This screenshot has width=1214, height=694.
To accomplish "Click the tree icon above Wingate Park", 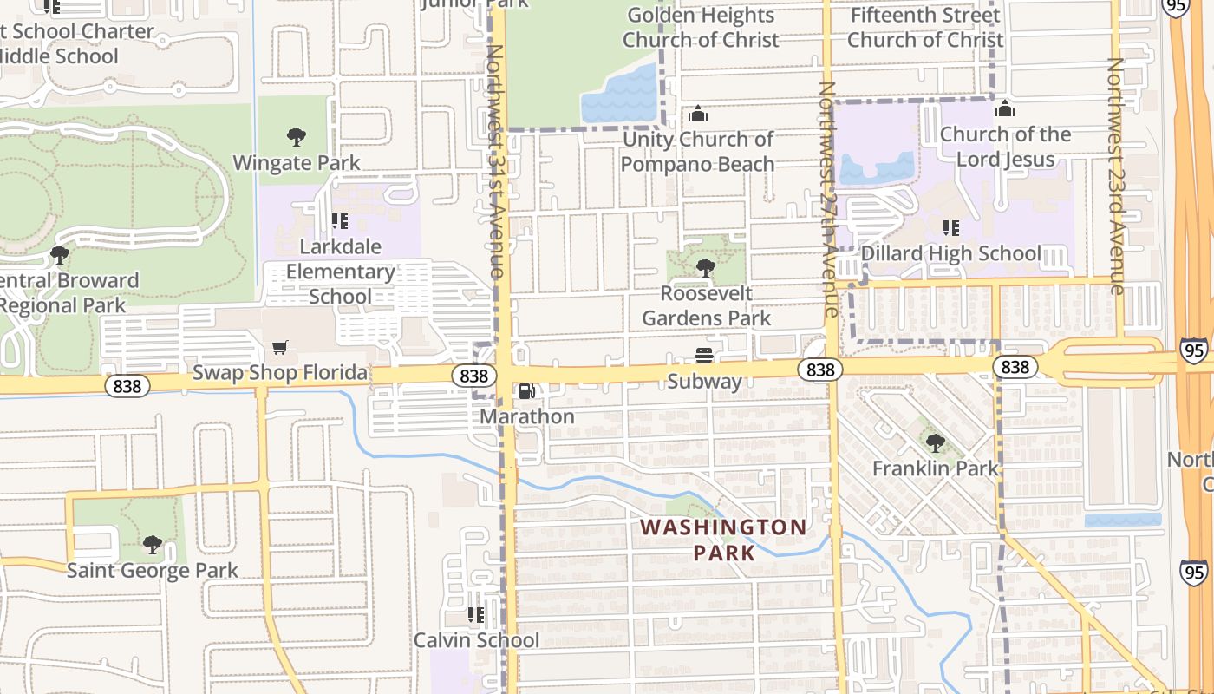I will tap(297, 136).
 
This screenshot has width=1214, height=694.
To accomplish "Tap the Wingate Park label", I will tap(297, 162).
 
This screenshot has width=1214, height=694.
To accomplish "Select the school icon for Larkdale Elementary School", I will tap(340, 221).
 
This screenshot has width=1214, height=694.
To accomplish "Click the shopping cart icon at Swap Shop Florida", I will tap(279, 348).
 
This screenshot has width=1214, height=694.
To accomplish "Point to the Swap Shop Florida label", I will tap(279, 373).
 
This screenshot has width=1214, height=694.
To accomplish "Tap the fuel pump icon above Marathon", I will tap(526, 391).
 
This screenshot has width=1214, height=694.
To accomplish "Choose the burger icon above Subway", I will tap(704, 355).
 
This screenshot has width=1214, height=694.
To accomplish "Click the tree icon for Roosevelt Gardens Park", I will tap(705, 267).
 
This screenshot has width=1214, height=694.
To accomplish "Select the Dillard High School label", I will tap(952, 253).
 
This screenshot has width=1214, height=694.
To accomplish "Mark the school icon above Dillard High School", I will tap(951, 228).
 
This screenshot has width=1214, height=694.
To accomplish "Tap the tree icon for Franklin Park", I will tap(935, 443).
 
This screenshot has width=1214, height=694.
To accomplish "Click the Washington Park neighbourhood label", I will tap(723, 539).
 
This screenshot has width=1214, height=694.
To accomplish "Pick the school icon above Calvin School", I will tap(475, 615).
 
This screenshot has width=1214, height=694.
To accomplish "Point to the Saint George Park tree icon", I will tap(153, 545).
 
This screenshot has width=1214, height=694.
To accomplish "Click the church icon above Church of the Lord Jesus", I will tap(1005, 109).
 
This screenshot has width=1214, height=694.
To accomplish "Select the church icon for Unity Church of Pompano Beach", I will tap(697, 114).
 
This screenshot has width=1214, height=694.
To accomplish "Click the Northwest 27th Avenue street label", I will tap(828, 200).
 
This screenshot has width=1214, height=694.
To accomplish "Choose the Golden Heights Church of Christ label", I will tap(700, 27).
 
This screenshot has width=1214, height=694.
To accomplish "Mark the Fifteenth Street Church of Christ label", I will tap(925, 27).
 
